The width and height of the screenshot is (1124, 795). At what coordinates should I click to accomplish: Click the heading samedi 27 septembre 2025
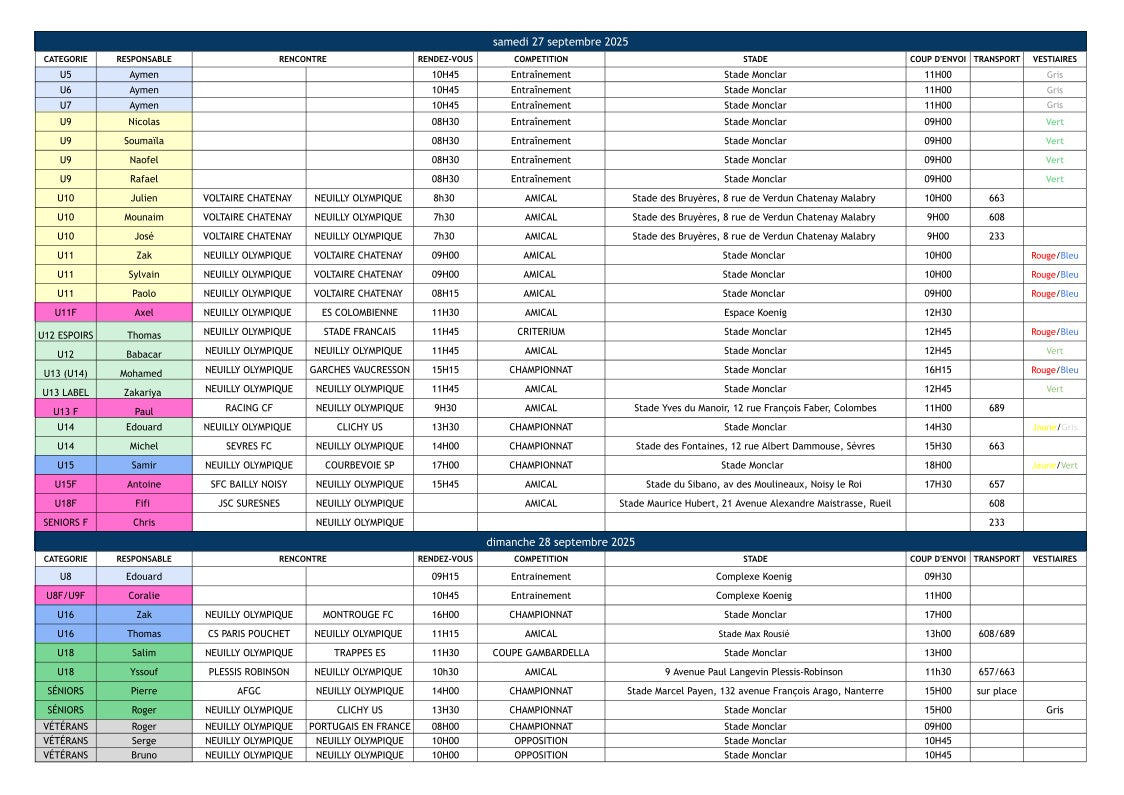pyautogui.click(x=560, y=41)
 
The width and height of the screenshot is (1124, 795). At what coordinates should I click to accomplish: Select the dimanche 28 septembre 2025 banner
pyautogui.click(x=560, y=541)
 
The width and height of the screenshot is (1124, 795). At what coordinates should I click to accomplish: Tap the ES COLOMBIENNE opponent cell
pyautogui.click(x=359, y=312)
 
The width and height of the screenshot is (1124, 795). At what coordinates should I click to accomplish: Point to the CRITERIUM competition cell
pyautogui.click(x=540, y=331)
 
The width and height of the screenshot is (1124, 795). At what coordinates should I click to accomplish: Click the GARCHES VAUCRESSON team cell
pyautogui.click(x=359, y=369)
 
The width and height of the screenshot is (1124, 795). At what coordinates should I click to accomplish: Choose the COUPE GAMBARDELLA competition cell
pyautogui.click(x=540, y=652)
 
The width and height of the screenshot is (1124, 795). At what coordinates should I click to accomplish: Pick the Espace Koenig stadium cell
pyautogui.click(x=755, y=312)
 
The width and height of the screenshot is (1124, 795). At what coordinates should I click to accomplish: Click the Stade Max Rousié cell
pyautogui.click(x=755, y=633)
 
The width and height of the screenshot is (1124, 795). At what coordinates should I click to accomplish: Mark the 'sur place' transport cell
pyautogui.click(x=996, y=690)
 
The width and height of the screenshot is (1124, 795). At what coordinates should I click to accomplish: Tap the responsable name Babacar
pyautogui.click(x=144, y=353)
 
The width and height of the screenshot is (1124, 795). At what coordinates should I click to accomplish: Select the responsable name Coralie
pyautogui.click(x=144, y=595)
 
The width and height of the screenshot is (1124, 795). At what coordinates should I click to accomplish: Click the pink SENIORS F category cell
pyautogui.click(x=66, y=522)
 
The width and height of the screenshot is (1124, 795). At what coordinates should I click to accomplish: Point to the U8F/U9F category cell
pyautogui.click(x=66, y=595)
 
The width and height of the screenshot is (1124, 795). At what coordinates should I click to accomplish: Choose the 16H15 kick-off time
pyautogui.click(x=937, y=369)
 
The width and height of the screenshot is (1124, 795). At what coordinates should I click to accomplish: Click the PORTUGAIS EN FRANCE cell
pyautogui.click(x=359, y=726)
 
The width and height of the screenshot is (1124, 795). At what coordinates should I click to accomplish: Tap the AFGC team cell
pyautogui.click(x=248, y=690)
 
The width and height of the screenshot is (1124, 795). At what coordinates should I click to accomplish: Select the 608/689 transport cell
pyautogui.click(x=996, y=633)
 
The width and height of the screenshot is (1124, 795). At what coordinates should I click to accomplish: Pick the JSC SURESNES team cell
pyautogui.click(x=248, y=503)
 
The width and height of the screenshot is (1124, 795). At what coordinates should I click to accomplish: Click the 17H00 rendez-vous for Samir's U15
pyautogui.click(x=445, y=465)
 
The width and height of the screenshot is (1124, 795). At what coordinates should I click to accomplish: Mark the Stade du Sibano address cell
pyautogui.click(x=755, y=484)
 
